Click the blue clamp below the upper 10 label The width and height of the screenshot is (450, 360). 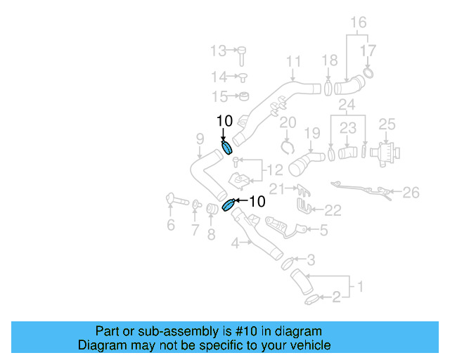(226, 148)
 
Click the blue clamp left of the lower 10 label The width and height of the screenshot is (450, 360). (229, 205)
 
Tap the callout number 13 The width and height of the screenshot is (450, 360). (219, 51)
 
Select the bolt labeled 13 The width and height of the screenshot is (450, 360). (242, 56)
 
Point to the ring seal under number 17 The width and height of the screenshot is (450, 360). (368, 72)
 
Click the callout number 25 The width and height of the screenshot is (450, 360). (387, 124)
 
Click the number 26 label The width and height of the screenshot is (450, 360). (411, 193)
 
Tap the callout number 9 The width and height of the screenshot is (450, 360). (200, 139)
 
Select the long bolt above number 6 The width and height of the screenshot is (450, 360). (177, 199)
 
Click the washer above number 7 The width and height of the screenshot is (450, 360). (196, 205)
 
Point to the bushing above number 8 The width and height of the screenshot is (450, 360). (212, 209)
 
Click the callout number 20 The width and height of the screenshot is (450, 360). (288, 122)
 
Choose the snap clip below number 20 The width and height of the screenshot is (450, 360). (288, 147)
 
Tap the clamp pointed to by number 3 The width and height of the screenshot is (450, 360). (288, 263)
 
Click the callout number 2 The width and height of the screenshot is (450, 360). (336, 297)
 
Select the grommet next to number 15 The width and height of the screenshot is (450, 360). (244, 96)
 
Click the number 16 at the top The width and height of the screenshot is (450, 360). (359, 22)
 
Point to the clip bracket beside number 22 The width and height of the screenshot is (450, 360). (304, 206)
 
